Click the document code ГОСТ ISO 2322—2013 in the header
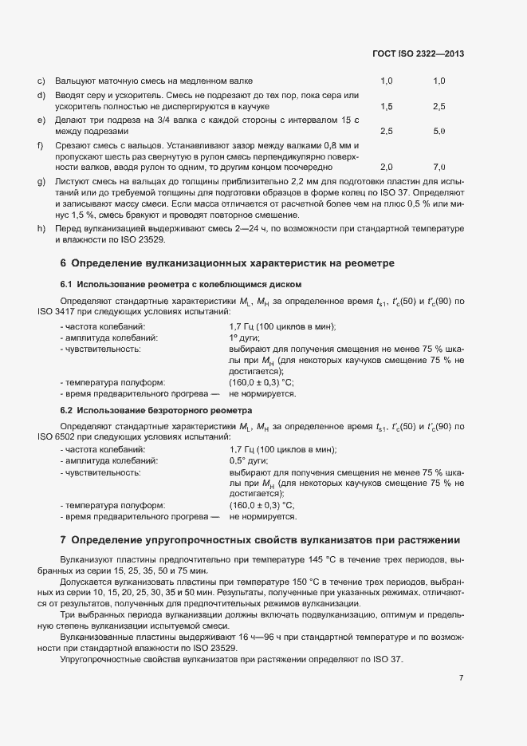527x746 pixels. pos(418,53)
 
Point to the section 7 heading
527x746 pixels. pos(260,540)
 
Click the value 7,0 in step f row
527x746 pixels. pos(439,168)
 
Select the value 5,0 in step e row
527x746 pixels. pos(439,131)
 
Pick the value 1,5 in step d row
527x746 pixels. pos(387,106)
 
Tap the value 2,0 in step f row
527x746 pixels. pos(387,168)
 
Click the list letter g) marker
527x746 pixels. pos(41,183)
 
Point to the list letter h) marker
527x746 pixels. pos(41,229)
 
